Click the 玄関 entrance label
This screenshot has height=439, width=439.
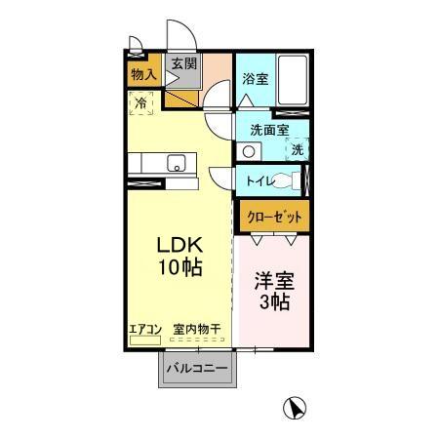(183, 63)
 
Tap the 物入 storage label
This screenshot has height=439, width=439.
(142, 73)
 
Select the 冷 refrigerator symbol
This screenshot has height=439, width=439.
(142, 100)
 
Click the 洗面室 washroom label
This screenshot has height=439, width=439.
(268, 130)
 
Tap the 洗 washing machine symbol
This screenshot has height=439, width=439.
(298, 149)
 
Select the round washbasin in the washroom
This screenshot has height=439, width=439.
(249, 151)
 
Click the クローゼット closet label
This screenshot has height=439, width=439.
(273, 217)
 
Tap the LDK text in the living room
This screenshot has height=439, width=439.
(180, 247)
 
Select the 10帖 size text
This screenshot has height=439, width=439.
(180, 267)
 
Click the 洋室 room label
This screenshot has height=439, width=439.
(274, 281)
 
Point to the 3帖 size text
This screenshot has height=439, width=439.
(274, 301)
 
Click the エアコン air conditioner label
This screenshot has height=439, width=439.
(145, 330)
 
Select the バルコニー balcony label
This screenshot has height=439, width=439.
(196, 369)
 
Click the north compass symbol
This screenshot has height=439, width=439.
(291, 409)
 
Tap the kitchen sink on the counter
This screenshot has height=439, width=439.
(177, 162)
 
